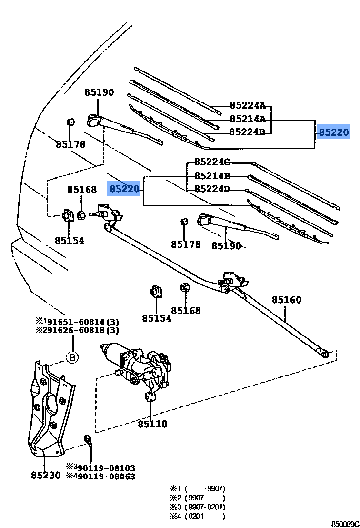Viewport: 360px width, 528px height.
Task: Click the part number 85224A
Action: [x=247, y=105]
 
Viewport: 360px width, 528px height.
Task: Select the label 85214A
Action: [x=247, y=119]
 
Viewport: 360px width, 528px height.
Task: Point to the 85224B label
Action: [x=247, y=132]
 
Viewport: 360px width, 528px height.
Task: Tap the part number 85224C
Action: [x=212, y=162]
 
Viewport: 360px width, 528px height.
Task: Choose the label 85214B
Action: [x=212, y=176]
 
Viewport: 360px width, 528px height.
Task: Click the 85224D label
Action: [x=212, y=190]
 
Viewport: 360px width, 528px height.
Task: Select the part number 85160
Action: [x=287, y=300]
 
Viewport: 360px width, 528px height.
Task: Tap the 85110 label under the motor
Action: [x=152, y=424]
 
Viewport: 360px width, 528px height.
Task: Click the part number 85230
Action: [x=46, y=475]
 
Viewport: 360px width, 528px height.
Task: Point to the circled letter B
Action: [x=72, y=357]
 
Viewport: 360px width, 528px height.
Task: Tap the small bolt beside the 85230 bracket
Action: [x=88, y=439]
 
